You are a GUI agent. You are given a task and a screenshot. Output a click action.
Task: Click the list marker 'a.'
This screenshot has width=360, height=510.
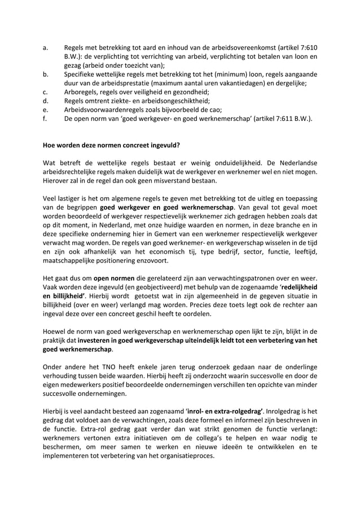pos(46,47)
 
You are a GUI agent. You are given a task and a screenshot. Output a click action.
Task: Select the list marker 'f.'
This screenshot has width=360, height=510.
pos(45,119)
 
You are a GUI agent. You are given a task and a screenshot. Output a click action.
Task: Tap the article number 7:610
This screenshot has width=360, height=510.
pos(309,47)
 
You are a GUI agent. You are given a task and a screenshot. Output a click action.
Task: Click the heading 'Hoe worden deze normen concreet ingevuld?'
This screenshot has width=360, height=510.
pos(112,145)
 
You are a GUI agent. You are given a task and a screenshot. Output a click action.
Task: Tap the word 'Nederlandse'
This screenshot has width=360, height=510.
pos(294,163)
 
